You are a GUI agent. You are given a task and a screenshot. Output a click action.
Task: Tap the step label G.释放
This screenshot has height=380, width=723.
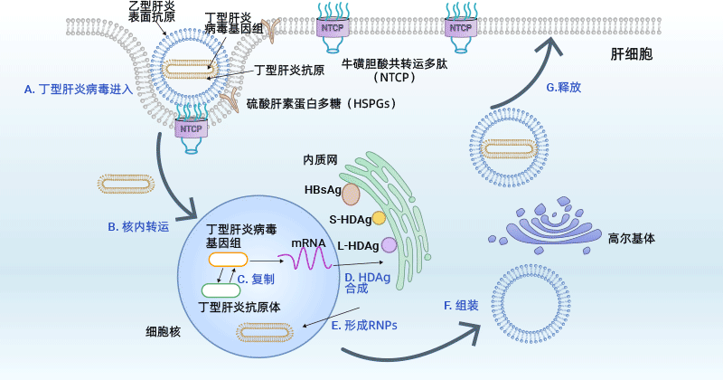pyautogui.click(x=563, y=88)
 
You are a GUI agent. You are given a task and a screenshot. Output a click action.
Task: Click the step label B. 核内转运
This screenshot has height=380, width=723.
pyautogui.click(x=138, y=226)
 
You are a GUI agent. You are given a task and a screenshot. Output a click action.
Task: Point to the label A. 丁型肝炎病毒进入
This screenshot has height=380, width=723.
pyautogui.click(x=79, y=89)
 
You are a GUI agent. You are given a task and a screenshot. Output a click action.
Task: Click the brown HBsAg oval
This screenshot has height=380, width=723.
pyautogui.click(x=351, y=194)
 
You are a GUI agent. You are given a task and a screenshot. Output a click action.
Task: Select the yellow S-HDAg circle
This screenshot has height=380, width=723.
pyautogui.click(x=379, y=218)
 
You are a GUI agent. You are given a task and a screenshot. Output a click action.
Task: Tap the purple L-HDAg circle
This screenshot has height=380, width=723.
pyautogui.click(x=389, y=244)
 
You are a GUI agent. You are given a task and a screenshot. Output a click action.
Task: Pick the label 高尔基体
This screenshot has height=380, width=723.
pyautogui.click(x=632, y=240)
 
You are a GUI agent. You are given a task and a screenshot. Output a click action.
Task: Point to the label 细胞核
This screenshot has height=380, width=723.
pyautogui.click(x=164, y=332)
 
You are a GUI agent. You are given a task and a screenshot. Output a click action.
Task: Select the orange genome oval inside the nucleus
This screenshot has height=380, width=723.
pyautogui.click(x=227, y=260)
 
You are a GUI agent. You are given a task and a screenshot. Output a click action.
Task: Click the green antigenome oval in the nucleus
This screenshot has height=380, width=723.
pyautogui.click(x=221, y=290)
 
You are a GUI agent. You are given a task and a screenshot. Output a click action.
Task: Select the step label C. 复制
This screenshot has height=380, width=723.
pyautogui.click(x=256, y=280)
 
